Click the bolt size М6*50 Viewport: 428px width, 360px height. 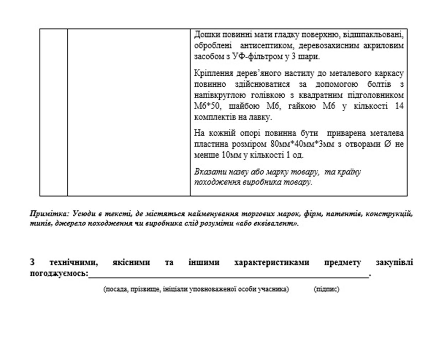pos(207,106)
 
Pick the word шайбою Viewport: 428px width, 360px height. pos(243,106)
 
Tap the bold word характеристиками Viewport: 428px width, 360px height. pos(272,263)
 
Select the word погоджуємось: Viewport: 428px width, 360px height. pos(59,274)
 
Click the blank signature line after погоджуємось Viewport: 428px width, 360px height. pos(228,275)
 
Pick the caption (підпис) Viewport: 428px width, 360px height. pos(326,289)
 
